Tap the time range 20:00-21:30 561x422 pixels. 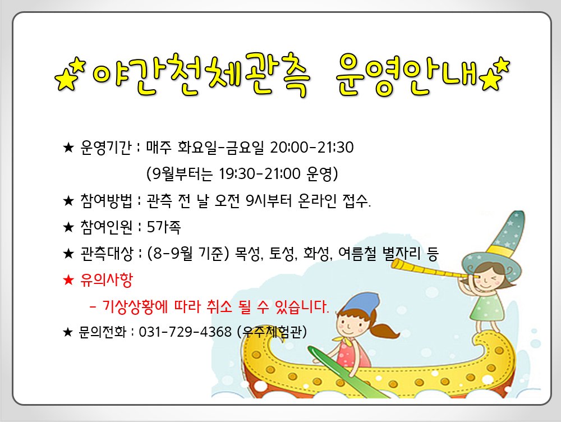point(311,148)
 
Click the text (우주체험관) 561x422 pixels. point(272,332)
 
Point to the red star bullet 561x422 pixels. point(68,279)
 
